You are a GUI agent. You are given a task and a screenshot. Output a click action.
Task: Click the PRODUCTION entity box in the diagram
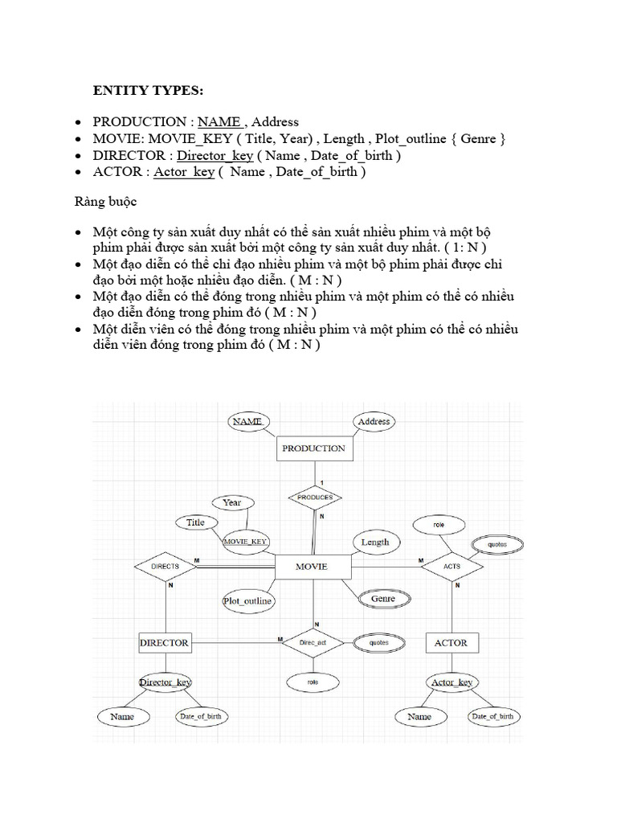click(x=314, y=448)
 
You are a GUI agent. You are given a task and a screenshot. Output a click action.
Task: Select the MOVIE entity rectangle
click(x=312, y=567)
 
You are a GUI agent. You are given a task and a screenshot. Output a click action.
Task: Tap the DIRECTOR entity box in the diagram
click(x=165, y=642)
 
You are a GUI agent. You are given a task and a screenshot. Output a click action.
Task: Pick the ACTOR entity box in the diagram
click(x=451, y=643)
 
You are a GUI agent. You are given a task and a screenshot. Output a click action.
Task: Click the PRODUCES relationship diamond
click(x=314, y=497)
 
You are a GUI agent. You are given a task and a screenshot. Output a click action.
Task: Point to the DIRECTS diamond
click(x=165, y=567)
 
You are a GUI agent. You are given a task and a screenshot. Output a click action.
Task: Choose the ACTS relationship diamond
click(x=452, y=567)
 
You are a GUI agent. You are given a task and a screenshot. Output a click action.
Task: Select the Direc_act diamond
click(x=313, y=643)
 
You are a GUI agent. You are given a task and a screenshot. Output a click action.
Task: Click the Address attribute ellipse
click(x=374, y=421)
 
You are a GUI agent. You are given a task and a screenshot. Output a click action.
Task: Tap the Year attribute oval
click(x=232, y=502)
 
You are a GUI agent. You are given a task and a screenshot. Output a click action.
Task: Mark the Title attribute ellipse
click(x=196, y=522)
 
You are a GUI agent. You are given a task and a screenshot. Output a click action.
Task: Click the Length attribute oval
click(x=374, y=543)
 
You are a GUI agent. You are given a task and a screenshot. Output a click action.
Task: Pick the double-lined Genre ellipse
click(x=383, y=599)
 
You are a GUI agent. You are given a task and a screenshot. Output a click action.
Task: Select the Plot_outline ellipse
click(x=247, y=600)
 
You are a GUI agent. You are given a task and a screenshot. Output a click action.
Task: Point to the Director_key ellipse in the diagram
click(x=165, y=682)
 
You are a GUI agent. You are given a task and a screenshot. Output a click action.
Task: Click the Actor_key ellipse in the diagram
click(x=452, y=682)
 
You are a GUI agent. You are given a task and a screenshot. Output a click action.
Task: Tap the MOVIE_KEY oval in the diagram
click(x=246, y=542)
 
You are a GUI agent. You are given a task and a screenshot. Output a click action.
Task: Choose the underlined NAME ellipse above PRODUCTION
click(x=248, y=421)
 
